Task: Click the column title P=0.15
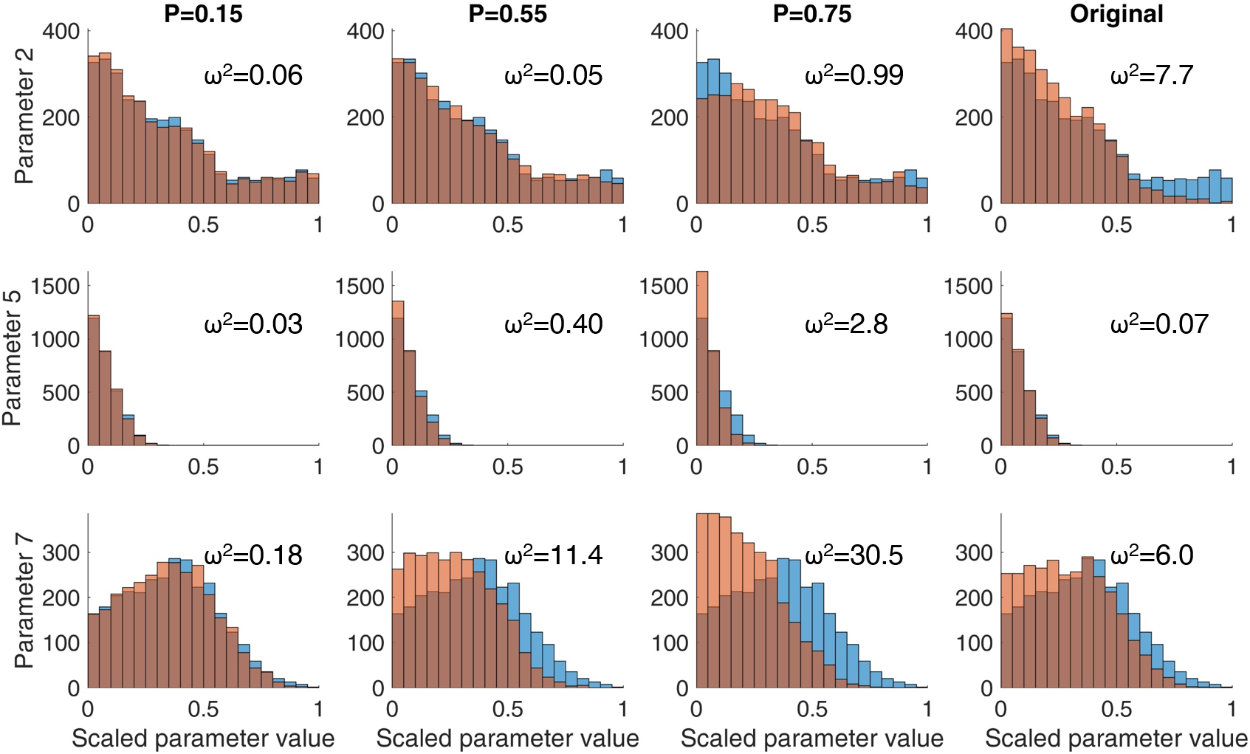[203, 14]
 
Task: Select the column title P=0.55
[507, 14]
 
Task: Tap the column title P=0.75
[811, 14]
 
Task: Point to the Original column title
[1116, 14]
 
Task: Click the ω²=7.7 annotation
[1151, 75]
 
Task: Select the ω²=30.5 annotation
[854, 555]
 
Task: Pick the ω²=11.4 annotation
[553, 555]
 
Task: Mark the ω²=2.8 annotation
[846, 324]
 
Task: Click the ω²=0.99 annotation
[854, 75]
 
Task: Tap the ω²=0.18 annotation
[253, 555]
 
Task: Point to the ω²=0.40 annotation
[553, 324]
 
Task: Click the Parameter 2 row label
[24, 117]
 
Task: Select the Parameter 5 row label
[12, 358]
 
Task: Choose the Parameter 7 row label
[24, 600]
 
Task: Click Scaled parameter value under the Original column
[1116, 738]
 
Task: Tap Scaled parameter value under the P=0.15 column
[203, 738]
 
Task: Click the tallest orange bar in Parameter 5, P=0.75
[702, 295]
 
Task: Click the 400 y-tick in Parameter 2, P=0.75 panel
[669, 31]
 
